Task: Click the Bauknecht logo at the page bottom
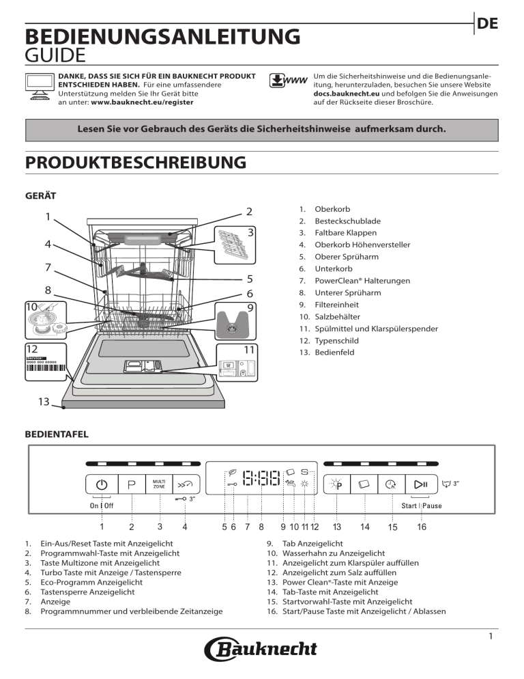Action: [261, 649]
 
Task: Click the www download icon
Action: [287, 81]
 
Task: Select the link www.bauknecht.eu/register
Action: [142, 102]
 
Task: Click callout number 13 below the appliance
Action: [43, 402]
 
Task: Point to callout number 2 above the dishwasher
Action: [249, 211]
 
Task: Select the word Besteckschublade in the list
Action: [347, 221]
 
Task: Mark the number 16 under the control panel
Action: [422, 527]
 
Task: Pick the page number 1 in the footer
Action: [491, 637]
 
